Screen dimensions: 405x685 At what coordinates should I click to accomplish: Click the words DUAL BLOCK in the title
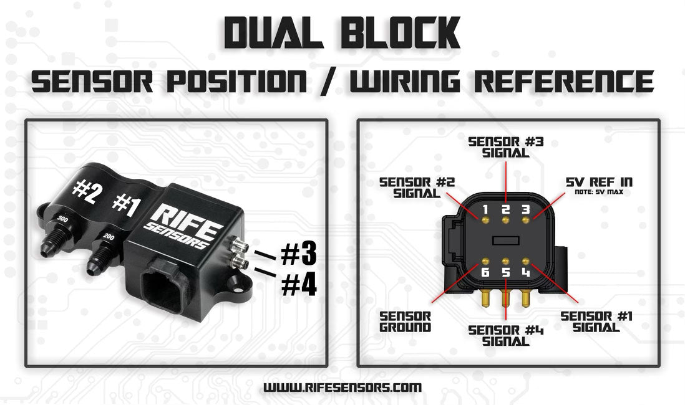pos(342,32)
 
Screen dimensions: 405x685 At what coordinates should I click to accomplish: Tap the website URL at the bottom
pos(342,387)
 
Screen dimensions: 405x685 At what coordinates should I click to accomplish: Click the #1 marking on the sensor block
pos(124,205)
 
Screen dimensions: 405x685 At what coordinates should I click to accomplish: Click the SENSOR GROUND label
pos(405,320)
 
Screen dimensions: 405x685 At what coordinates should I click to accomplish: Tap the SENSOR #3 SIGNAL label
pos(506,146)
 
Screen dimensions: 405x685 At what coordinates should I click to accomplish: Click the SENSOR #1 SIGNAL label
pos(596,322)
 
